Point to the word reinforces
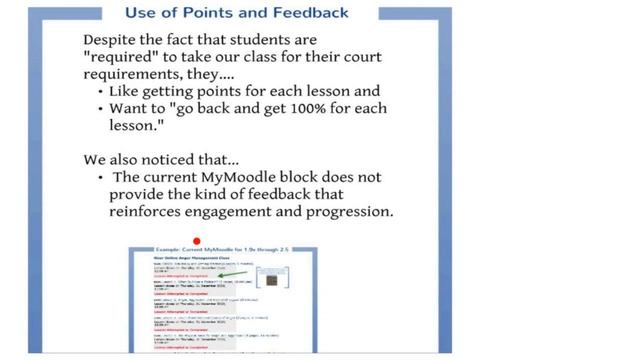[x=144, y=212]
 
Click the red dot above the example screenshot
[x=197, y=241]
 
